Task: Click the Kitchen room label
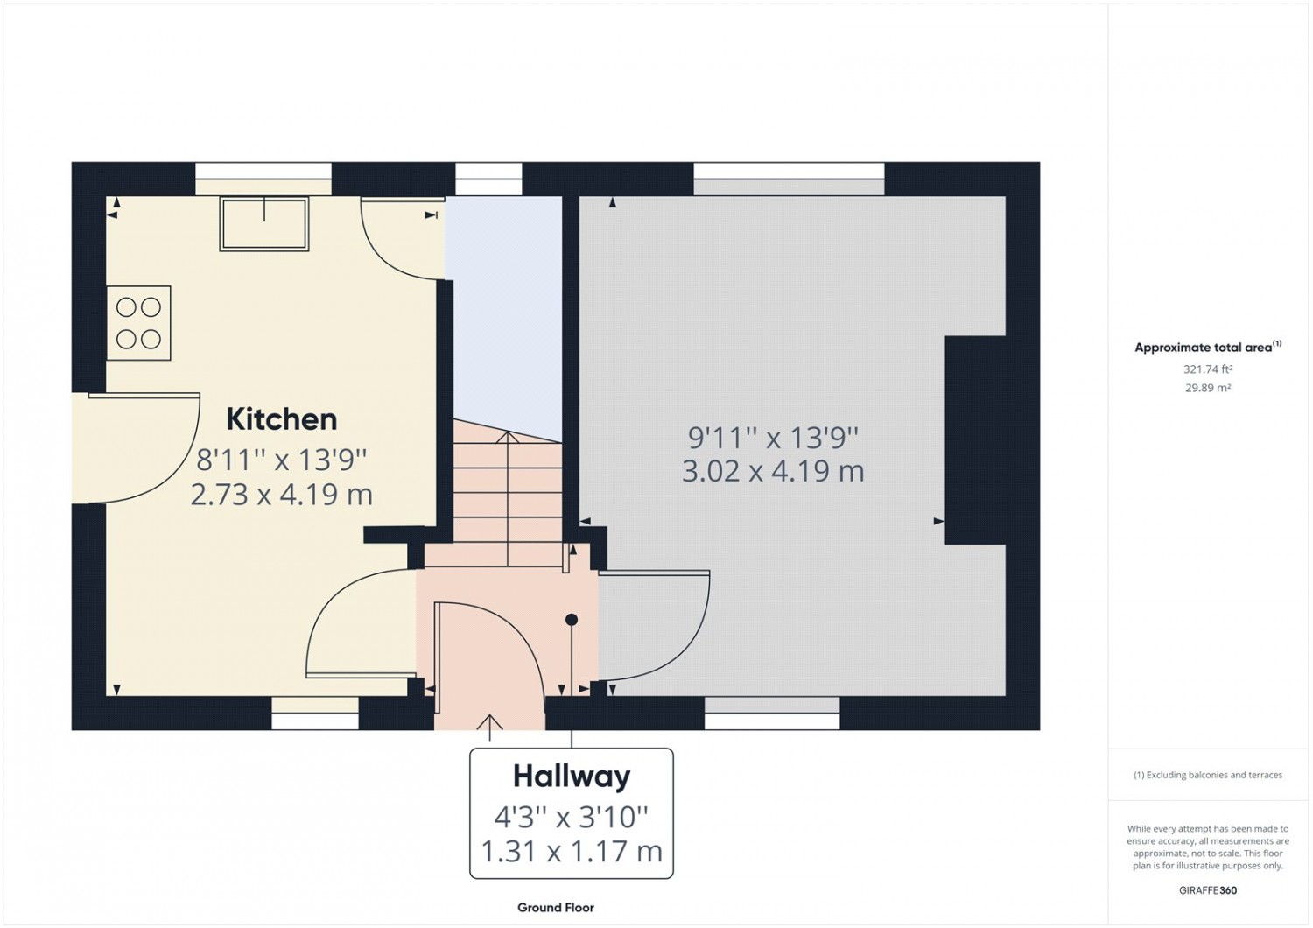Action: (282, 419)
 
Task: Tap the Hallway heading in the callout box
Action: (572, 777)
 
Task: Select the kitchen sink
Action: (264, 224)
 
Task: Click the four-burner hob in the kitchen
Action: (139, 323)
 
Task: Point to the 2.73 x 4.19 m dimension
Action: (282, 495)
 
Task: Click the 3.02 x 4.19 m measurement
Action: (773, 471)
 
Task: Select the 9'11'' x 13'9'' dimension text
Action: (773, 438)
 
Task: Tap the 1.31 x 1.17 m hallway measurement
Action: (572, 851)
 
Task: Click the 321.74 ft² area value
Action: (1208, 369)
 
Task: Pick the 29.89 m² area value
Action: (1208, 388)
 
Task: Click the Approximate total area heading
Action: (1208, 347)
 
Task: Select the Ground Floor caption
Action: (556, 908)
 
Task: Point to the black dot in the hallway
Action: (572, 620)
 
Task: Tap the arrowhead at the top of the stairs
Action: (508, 437)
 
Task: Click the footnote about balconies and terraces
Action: (1208, 775)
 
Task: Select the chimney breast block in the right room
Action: (975, 440)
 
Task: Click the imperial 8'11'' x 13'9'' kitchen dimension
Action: (282, 460)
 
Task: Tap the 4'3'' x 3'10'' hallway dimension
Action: (572, 817)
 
